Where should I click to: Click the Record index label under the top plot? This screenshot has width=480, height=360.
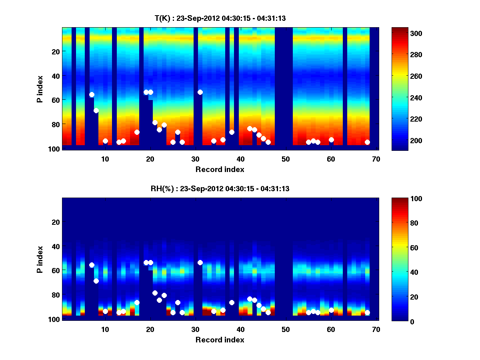(220, 169)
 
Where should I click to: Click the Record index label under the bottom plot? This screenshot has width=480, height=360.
(220, 340)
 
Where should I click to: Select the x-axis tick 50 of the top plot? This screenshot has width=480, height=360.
(286, 159)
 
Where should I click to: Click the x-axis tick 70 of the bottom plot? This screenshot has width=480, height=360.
(376, 329)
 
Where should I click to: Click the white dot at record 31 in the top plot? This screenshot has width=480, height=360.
(200, 92)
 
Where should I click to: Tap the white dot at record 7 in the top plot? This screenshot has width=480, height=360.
(92, 94)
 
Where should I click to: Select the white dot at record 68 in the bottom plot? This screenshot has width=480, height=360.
(367, 312)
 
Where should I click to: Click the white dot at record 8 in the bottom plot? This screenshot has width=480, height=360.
(96, 281)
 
